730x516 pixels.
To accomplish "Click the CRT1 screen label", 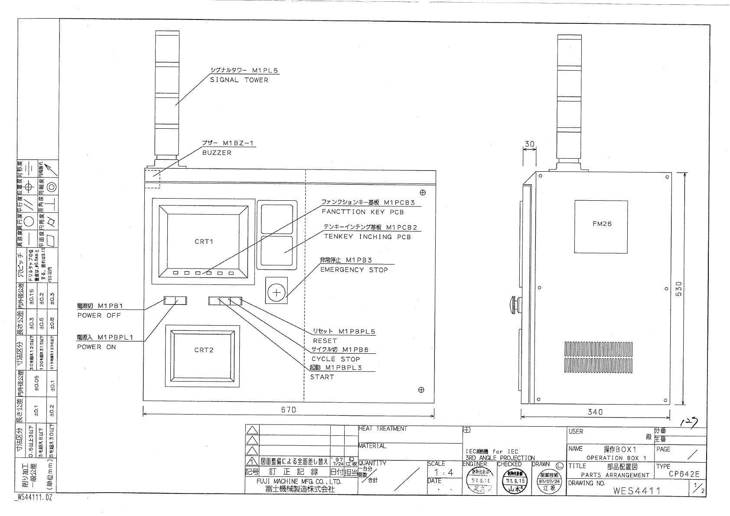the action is pos(203,242).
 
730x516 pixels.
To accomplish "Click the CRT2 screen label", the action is pos(203,350).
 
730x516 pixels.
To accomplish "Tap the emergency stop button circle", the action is pos(277,294).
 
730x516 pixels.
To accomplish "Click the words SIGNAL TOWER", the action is pos(239,80).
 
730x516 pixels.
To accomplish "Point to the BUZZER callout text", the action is pos(217,153).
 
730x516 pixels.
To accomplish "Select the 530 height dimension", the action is pos(679,289).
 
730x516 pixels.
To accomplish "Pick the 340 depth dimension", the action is pos(595,412).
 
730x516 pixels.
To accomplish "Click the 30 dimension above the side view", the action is pos(529,144).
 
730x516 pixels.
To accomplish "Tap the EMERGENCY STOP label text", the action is pos(354,270).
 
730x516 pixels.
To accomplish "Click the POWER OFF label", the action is pos(99,315).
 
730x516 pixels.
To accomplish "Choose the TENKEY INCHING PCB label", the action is pos(367,237).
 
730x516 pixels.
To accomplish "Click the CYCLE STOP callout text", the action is pos(336,359).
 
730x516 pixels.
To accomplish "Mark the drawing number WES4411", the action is pos(637,490).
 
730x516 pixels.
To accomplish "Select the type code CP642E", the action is pos(684,474).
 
